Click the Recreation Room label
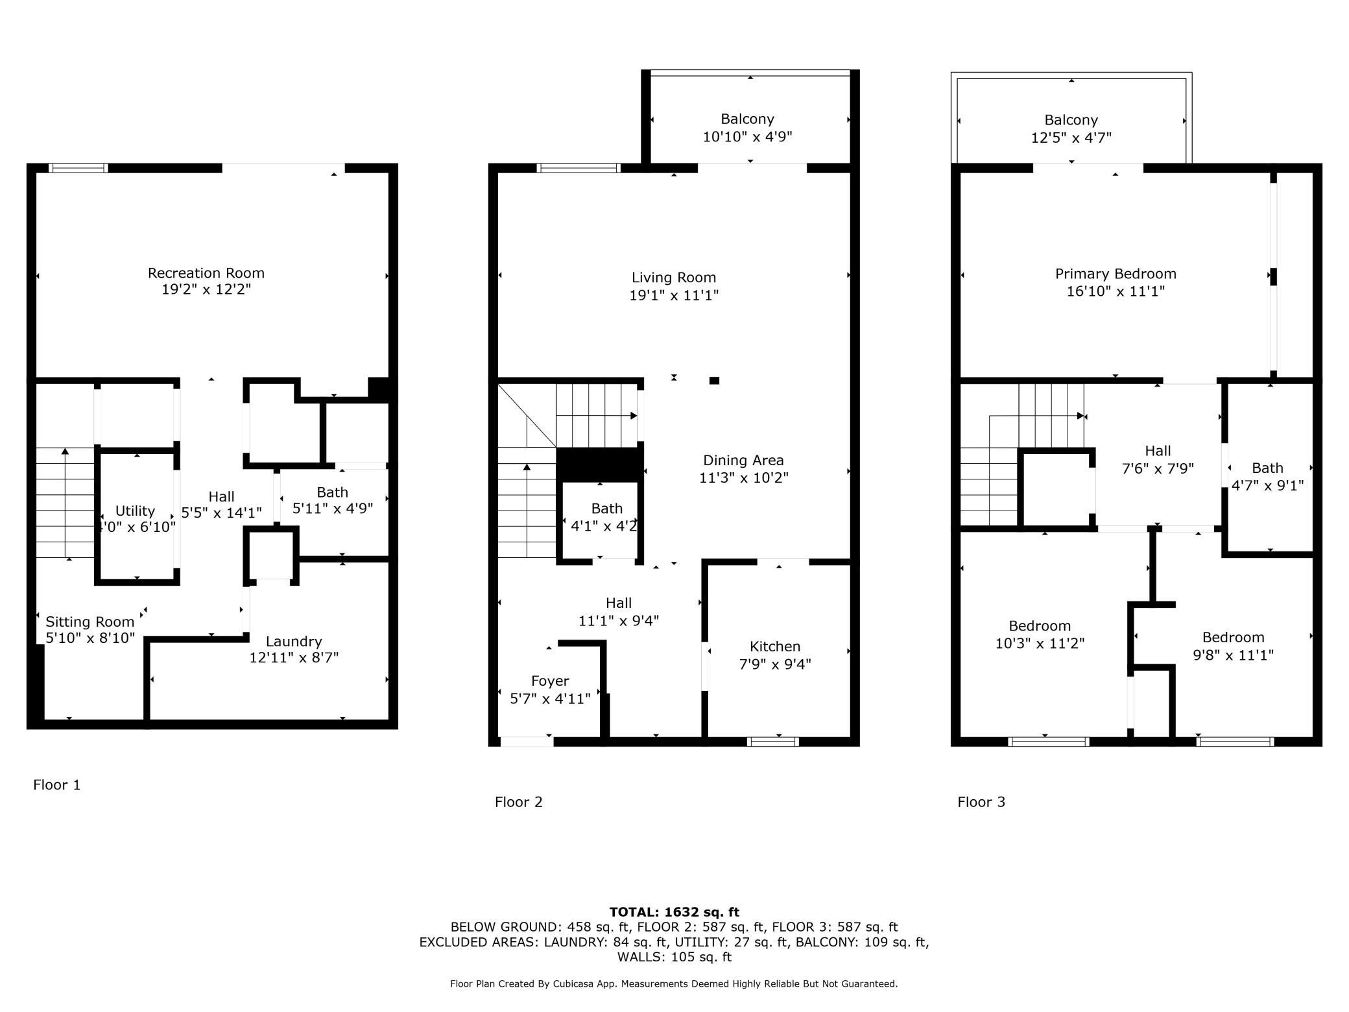(206, 273)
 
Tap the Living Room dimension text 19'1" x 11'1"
(674, 295)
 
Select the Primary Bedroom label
(1116, 274)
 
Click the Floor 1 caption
(57, 785)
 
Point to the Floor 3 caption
(981, 802)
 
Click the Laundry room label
(294, 642)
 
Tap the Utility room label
(135, 511)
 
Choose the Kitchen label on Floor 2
(775, 647)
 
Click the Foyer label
(550, 681)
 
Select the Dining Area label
(743, 461)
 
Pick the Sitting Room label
(90, 622)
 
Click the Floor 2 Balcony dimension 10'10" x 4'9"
(748, 137)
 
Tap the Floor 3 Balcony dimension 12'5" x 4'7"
(1071, 138)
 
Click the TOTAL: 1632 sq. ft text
(674, 912)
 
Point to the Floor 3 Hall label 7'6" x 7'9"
(1158, 468)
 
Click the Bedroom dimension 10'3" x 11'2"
(1040, 644)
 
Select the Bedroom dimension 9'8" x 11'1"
(1233, 655)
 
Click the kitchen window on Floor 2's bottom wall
(772, 741)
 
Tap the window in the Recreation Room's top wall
(79, 168)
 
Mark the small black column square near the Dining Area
(714, 381)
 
